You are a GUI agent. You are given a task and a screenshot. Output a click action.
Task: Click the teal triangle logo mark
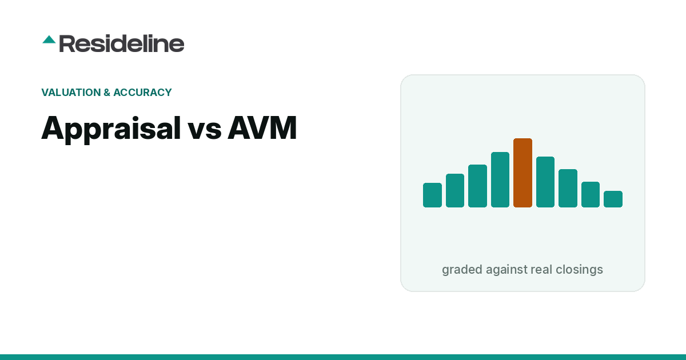(49, 39)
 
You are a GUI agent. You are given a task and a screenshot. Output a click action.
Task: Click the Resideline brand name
(122, 43)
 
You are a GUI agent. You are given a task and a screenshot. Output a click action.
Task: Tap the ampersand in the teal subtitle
(107, 92)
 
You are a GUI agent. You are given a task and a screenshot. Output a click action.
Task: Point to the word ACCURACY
(142, 92)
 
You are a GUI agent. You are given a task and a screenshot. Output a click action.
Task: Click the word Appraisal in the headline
(111, 129)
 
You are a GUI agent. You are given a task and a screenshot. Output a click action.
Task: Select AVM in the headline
(262, 127)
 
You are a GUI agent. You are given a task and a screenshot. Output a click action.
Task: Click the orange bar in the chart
(523, 173)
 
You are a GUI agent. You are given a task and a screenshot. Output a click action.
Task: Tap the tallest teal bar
(500, 179)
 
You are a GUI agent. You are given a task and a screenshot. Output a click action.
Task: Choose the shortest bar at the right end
(613, 199)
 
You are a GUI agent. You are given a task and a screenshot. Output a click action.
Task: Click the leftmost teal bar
(432, 195)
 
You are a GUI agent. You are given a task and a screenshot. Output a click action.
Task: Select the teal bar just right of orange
(545, 182)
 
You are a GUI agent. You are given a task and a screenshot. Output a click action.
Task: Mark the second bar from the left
(455, 190)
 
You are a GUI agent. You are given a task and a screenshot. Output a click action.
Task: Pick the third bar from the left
(477, 186)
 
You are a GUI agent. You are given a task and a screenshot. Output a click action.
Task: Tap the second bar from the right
(591, 194)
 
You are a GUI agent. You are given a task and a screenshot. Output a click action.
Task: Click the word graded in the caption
(462, 270)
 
